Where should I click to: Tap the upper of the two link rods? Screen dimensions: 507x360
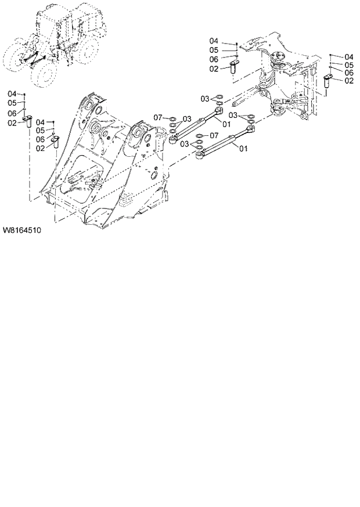click(x=197, y=123)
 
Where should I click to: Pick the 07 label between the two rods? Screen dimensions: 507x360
click(x=214, y=135)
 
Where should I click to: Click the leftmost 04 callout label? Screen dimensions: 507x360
click(x=12, y=94)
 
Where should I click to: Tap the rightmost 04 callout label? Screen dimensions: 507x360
click(x=348, y=56)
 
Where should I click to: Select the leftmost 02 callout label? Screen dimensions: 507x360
click(x=12, y=123)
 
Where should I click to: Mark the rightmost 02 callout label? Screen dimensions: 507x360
click(x=348, y=81)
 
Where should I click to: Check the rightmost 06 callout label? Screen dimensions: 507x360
click(x=348, y=73)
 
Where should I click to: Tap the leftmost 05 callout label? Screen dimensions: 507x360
click(x=12, y=103)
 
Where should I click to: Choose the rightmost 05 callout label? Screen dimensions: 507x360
click(x=348, y=65)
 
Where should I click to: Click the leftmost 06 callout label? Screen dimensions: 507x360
click(x=12, y=113)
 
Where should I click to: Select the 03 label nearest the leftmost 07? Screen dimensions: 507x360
click(x=187, y=119)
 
